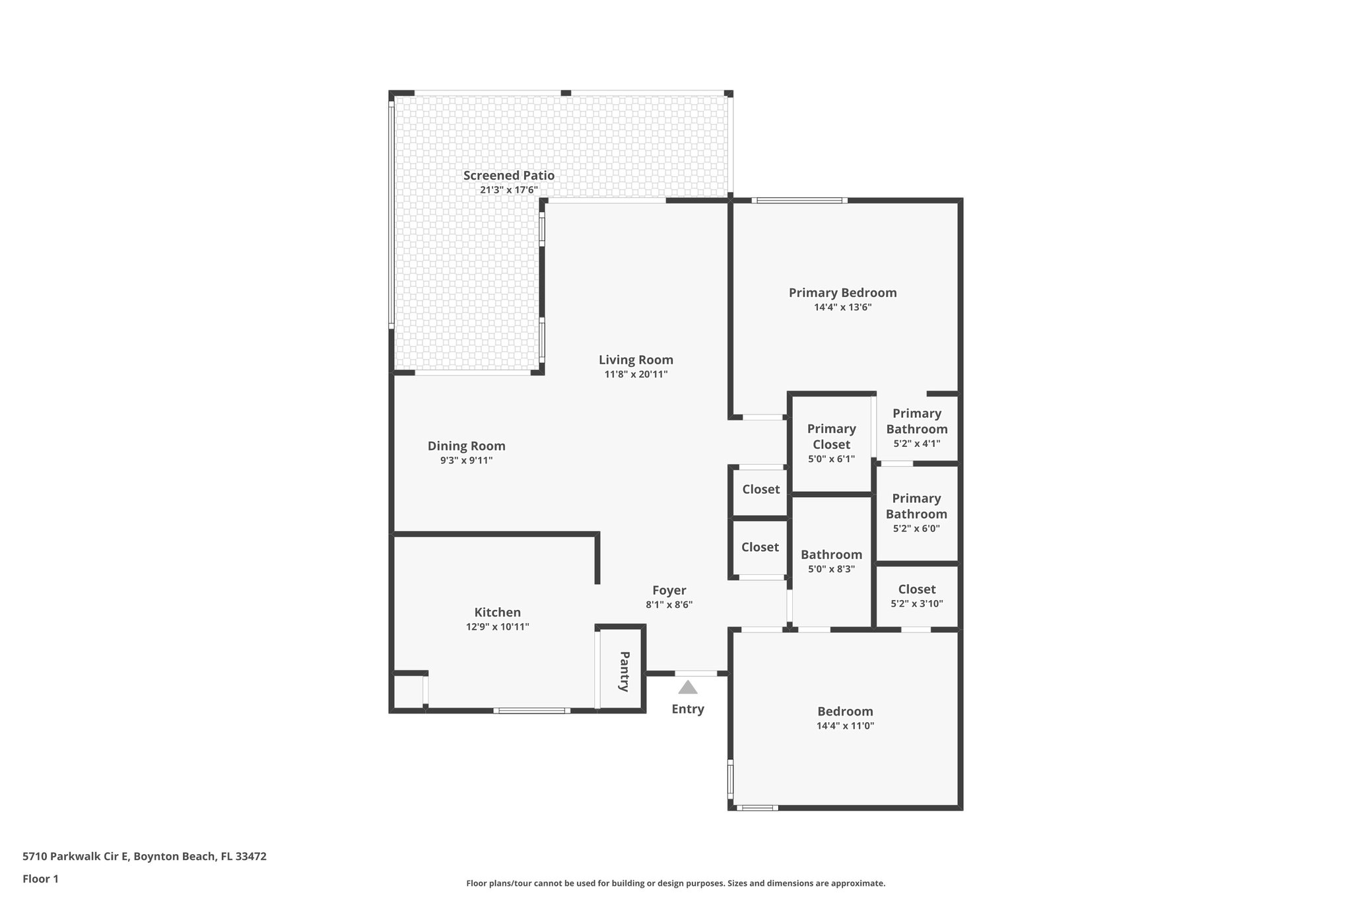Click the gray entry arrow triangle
coord(688,688)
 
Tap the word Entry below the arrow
coord(688,709)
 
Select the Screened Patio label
coord(508,176)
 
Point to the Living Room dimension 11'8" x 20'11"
coord(636,374)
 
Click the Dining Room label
coord(466,446)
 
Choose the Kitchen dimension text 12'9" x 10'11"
coord(497,627)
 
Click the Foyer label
coord(669,591)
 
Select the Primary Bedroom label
coord(842,292)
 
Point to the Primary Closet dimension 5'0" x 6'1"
coord(831,459)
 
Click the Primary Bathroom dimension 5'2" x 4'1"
coord(916,444)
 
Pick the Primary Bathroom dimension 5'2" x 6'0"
coord(916,529)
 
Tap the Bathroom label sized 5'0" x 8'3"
coord(831,555)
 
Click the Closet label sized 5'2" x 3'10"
coord(916,589)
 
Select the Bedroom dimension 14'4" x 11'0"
coord(845,726)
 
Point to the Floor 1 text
coord(40,879)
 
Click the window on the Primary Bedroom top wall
coord(799,201)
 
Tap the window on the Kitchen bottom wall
coord(531,711)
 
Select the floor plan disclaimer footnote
coord(675,883)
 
